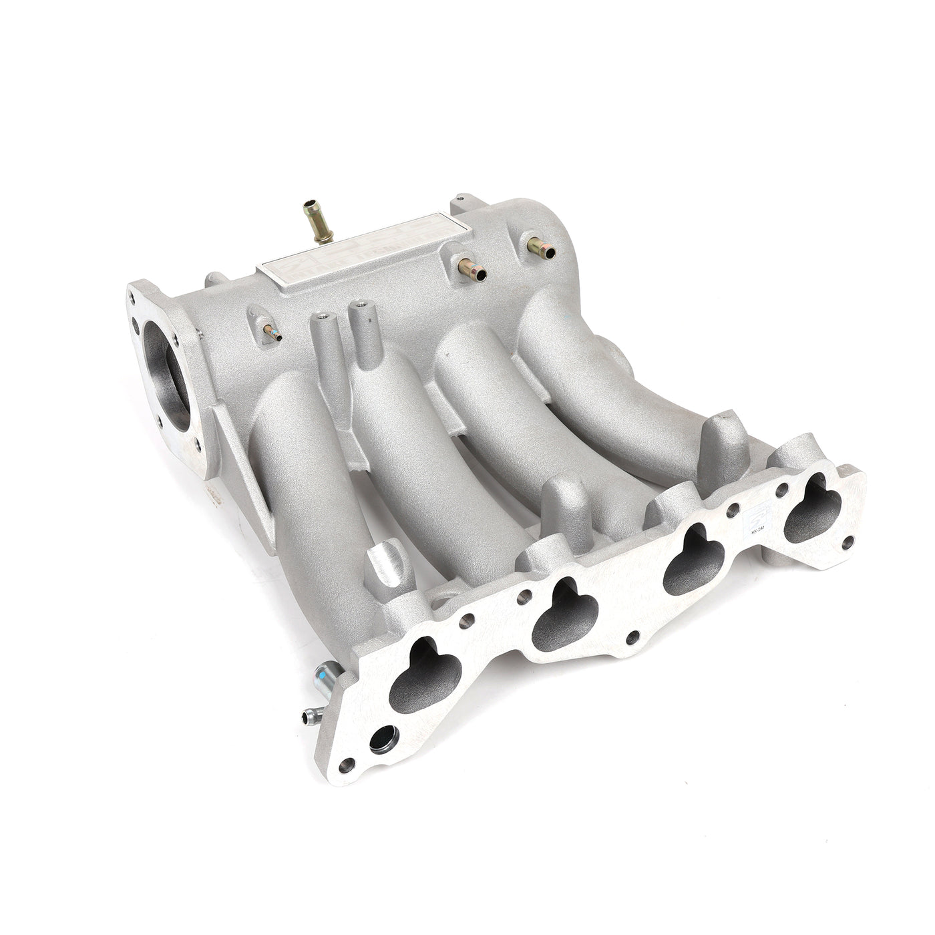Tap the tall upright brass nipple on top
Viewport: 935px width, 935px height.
313,220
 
